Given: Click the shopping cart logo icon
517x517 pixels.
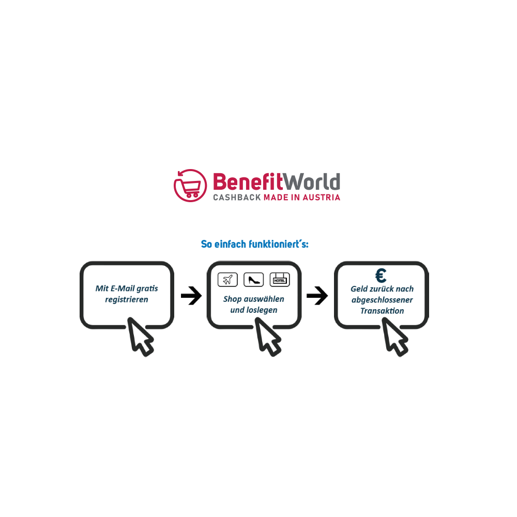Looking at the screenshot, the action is coord(190,186).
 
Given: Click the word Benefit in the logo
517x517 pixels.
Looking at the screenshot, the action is coord(248,181).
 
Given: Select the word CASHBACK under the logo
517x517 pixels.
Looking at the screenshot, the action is coord(237,197).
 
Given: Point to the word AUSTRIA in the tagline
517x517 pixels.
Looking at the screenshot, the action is coord(322,197).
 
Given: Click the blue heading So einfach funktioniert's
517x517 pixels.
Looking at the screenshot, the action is coord(255,244).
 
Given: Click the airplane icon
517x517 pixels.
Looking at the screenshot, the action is coord(227,280).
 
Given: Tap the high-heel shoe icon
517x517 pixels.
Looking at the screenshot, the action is coord(253,280).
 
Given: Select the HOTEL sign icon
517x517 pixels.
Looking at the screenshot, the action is coord(280,280).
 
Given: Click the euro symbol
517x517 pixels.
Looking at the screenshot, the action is coord(381,276).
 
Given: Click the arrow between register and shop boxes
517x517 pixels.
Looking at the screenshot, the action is coord(192,295).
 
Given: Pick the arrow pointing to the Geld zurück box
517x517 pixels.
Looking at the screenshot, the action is coord(317,295).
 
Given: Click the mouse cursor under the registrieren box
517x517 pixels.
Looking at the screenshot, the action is coord(140,337).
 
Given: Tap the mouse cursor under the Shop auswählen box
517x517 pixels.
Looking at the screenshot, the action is coord(267,337).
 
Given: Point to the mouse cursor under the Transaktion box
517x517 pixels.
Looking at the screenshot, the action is coord(394,337).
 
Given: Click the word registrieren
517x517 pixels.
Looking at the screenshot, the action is coord(127,300).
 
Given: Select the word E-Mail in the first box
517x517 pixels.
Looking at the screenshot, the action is coord(123,288).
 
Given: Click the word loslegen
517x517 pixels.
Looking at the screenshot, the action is coord(262,310).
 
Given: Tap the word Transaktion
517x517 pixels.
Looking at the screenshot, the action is coord(382,311).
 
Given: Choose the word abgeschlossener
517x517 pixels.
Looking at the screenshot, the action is coord(382,300).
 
